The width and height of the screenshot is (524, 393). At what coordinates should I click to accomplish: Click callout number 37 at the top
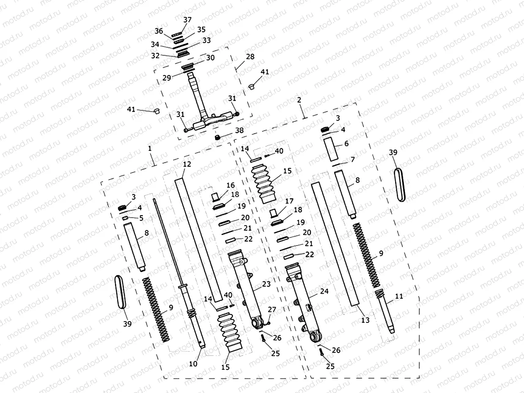[x=187, y=20]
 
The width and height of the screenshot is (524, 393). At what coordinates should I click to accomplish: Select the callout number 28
[x=250, y=57]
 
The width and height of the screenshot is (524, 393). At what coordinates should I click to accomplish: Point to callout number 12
[x=187, y=164]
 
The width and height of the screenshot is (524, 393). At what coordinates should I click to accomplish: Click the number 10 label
[x=194, y=363]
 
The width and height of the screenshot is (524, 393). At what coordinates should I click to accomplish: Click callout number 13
[x=365, y=320]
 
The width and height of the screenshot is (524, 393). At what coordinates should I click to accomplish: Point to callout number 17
[x=289, y=202]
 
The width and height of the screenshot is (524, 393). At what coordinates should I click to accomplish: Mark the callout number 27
[x=272, y=310]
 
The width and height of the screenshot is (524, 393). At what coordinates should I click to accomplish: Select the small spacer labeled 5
[x=125, y=218]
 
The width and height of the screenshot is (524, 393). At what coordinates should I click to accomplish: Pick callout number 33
[x=206, y=41]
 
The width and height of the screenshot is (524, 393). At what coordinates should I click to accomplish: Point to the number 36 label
[x=159, y=31]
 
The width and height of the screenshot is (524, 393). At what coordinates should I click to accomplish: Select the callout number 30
[x=210, y=58]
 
